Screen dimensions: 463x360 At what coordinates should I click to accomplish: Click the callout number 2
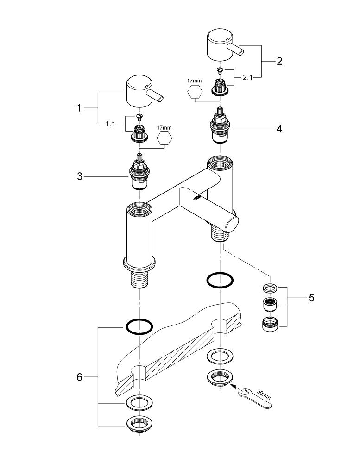coord(279,61)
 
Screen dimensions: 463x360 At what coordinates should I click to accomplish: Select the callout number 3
coord(79,176)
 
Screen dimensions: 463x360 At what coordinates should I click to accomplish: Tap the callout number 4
coord(279,129)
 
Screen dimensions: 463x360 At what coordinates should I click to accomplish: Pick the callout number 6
coord(79,377)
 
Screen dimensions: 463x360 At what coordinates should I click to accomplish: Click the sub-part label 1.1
coord(110,124)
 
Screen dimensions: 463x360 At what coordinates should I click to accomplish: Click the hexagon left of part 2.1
coord(194,92)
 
